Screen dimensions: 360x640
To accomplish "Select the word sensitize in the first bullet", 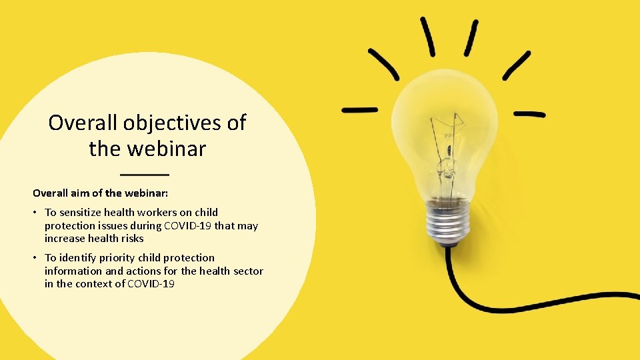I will pos(80,213).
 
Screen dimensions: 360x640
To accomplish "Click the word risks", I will pos(130,238).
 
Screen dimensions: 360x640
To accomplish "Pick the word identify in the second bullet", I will pos(78,257).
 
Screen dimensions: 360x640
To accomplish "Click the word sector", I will pos(248,271).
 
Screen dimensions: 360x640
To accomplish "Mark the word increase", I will pos(65,238).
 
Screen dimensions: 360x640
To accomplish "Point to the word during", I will pos(143,225).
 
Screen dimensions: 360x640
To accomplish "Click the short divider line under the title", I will pos(145,174).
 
